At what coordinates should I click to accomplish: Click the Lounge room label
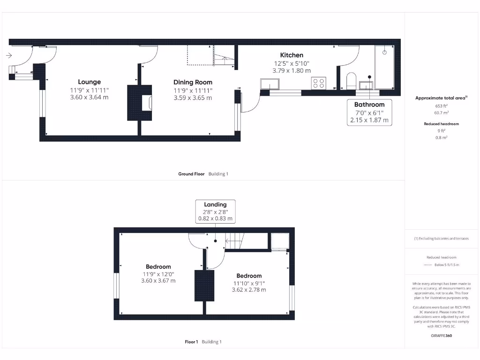click(x=89, y=82)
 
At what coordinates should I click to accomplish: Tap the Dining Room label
click(x=193, y=82)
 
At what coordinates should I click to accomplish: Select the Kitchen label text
click(x=292, y=55)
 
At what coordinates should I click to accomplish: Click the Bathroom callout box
click(x=369, y=112)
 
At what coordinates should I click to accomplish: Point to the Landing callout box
click(x=215, y=211)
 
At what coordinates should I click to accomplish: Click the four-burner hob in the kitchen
click(x=319, y=83)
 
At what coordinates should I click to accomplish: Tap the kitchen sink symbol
click(x=269, y=84)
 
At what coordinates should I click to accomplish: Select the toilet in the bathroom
click(x=350, y=80)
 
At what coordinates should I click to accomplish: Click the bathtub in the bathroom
click(x=384, y=67)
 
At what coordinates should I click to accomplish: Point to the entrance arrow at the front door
click(x=9, y=55)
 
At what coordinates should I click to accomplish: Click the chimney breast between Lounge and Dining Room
click(x=140, y=102)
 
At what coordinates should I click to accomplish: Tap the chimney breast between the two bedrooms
click(x=204, y=285)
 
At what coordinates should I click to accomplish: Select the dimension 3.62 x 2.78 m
click(x=249, y=290)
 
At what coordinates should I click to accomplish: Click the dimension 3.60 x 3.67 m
click(x=158, y=281)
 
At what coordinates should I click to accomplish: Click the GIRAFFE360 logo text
click(x=441, y=336)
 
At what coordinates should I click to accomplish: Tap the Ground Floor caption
click(x=191, y=174)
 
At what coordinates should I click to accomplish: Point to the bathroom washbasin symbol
click(x=366, y=84)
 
